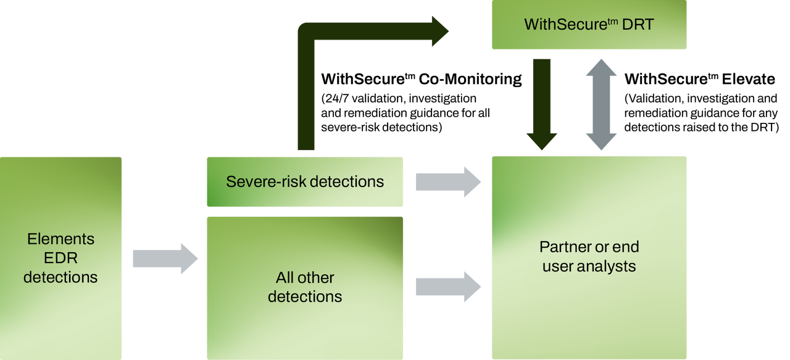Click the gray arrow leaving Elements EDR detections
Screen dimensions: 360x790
point(165,258)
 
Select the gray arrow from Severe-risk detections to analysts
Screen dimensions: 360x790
point(447,182)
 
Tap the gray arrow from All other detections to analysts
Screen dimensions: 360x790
point(447,287)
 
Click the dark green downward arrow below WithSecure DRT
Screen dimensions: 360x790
point(542,105)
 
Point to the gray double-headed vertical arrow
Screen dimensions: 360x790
point(601,105)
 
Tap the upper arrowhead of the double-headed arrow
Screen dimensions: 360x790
point(601,68)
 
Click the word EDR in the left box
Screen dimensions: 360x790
point(60,258)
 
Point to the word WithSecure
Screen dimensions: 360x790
point(556,25)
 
